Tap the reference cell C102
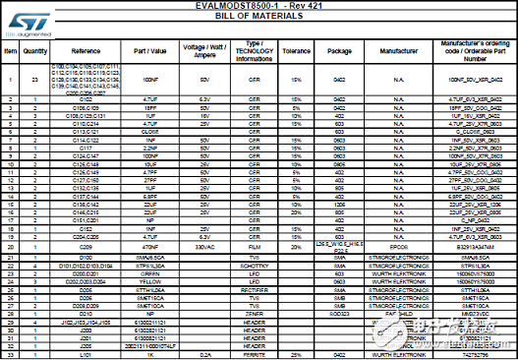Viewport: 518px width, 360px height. [86, 100]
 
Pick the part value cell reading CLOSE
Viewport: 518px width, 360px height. [149, 132]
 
